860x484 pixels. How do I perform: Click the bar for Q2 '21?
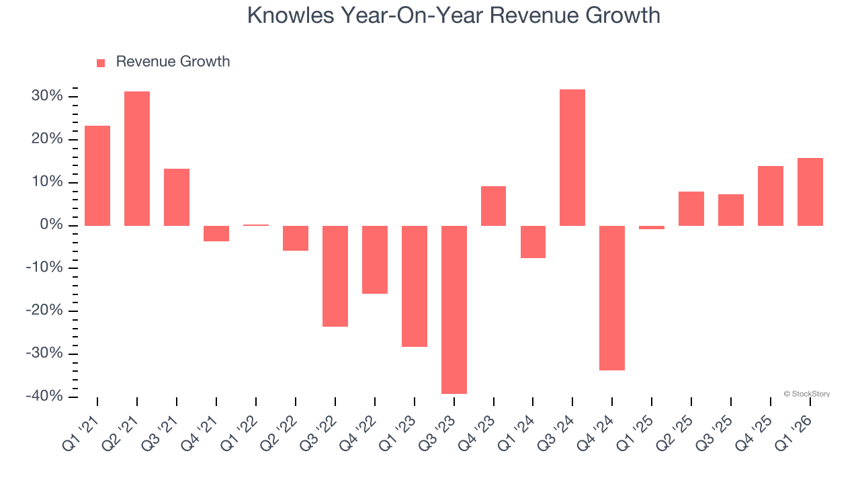pos(137,159)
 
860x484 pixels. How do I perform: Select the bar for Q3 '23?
pos(454,309)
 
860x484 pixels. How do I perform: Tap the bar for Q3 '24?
pos(572,157)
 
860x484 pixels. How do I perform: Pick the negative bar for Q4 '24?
pos(612,298)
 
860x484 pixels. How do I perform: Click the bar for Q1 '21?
pos(97,175)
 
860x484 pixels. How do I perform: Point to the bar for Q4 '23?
pos(493,206)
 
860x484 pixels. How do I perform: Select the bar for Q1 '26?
pos(810,192)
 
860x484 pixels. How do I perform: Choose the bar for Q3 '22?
pos(335,276)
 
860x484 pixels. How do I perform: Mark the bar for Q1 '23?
pos(415,286)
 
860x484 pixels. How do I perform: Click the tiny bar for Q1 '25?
pos(652,227)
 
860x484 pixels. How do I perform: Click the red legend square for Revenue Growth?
pos(101,63)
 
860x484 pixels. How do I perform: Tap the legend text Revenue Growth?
pos(173,62)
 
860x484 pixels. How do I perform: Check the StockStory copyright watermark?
pos(807,394)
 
